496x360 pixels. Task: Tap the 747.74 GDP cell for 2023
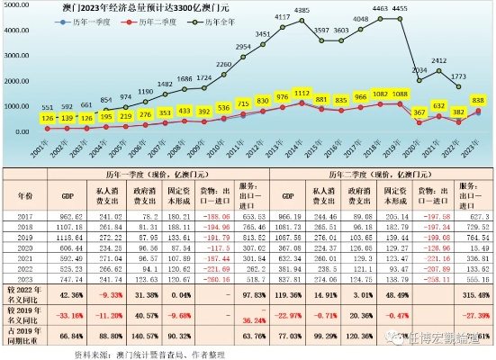71,279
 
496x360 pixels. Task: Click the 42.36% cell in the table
71,292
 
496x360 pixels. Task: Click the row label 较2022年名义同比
24,292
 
